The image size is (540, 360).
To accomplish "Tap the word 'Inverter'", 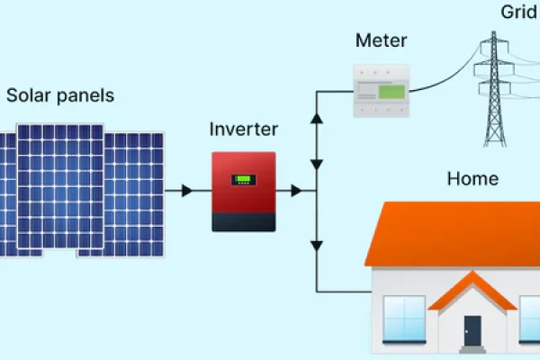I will (x=243, y=129).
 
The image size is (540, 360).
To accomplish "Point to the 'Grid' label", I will (x=519, y=13).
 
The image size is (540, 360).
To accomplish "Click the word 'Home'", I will (x=472, y=179).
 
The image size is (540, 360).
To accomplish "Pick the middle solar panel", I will (x=59, y=189).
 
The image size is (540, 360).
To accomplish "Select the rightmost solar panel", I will (x=135, y=193).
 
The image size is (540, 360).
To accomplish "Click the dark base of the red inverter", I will (x=243, y=220).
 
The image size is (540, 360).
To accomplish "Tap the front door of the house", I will (x=472, y=328).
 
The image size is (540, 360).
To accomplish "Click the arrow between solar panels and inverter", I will (x=186, y=191).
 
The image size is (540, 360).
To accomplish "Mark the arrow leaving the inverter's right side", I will (x=294, y=191).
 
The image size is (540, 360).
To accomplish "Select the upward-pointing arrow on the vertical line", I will (x=317, y=119).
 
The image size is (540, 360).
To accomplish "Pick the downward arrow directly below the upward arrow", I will (x=317, y=165).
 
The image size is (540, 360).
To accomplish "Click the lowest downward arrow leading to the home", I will (x=317, y=245).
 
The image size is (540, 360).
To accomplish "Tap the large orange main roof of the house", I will (x=450, y=234).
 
